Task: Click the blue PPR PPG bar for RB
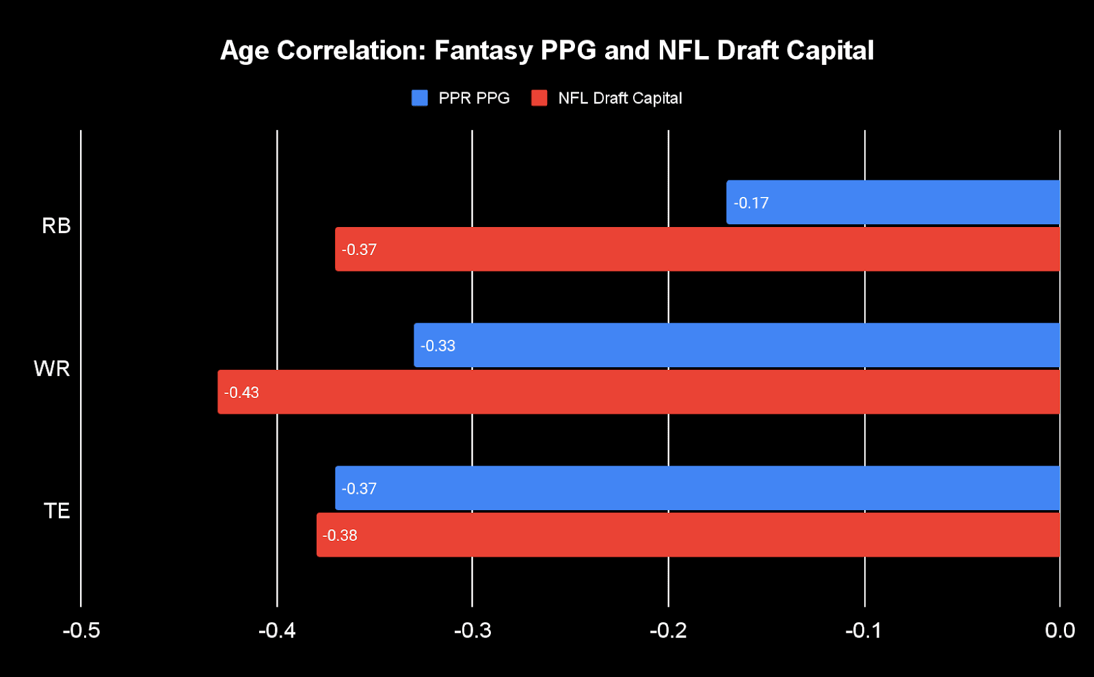click(893, 202)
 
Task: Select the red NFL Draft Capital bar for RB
click(697, 250)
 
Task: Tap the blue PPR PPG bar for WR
click(737, 345)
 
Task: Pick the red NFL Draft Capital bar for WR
click(639, 393)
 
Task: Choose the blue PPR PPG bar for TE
click(697, 488)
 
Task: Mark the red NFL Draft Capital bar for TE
click(688, 535)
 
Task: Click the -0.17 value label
click(751, 203)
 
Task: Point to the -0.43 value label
click(241, 393)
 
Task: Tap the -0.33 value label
click(438, 346)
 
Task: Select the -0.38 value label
click(340, 535)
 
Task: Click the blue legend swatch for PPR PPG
click(420, 98)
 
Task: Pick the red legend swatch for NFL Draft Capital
click(539, 98)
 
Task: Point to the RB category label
click(56, 226)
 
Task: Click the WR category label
click(52, 369)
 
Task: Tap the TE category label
click(57, 511)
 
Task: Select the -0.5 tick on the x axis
click(81, 630)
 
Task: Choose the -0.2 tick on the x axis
click(668, 630)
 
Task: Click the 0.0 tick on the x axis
click(1060, 630)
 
